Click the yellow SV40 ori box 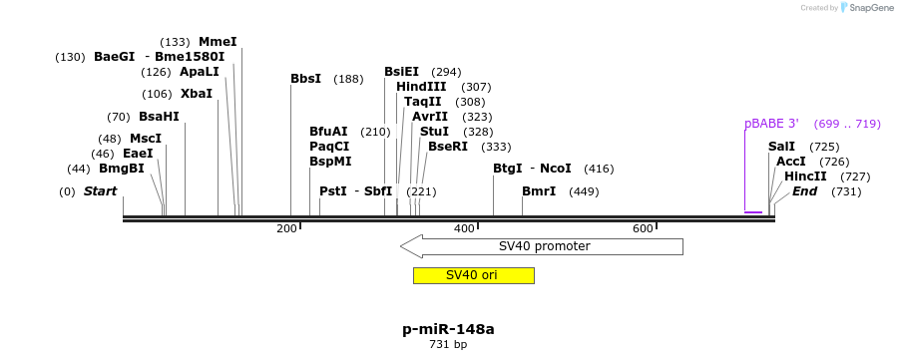tap(473, 275)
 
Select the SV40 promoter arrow tap(544, 246)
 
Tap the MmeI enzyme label tap(218, 42)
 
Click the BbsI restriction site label tap(305, 79)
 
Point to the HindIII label tap(421, 87)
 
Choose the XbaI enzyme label tap(197, 94)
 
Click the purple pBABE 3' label tap(771, 124)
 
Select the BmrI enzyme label tap(539, 191)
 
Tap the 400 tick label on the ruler tap(464, 229)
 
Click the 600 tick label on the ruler tap(643, 229)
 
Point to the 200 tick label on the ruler tap(286, 229)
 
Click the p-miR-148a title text tap(448, 328)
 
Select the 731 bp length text tap(448, 345)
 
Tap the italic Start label tap(100, 191)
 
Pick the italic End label tap(805, 191)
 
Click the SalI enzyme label tap(781, 147)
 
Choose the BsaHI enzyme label tap(159, 117)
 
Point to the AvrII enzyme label tap(430, 117)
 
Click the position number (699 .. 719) tap(847, 124)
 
